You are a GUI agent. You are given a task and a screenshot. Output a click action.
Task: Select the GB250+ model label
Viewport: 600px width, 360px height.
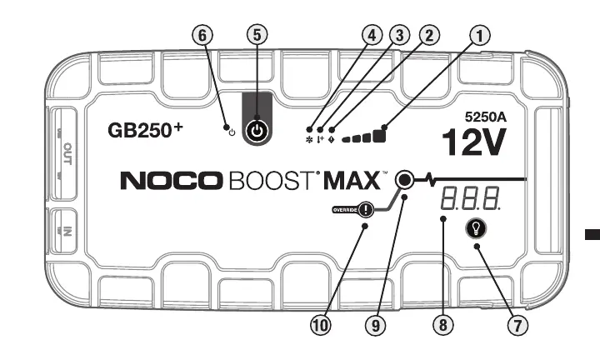pyautogui.click(x=147, y=132)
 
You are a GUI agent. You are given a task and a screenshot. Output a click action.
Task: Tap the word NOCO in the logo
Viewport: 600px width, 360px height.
pyautogui.click(x=170, y=180)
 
